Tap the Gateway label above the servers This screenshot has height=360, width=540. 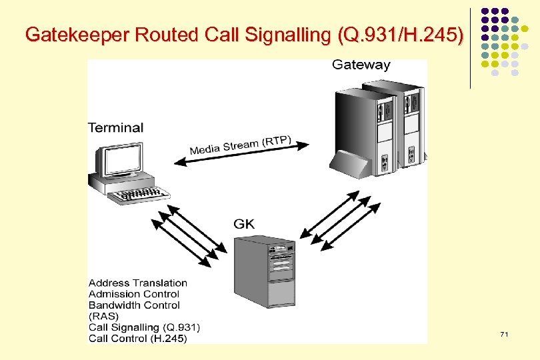(361, 65)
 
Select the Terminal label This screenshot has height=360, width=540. (115, 127)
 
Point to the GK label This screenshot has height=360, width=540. (244, 223)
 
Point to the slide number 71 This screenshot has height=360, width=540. (504, 333)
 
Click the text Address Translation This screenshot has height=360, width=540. (138, 283)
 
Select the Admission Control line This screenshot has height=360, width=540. (133, 294)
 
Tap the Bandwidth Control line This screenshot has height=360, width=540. (134, 305)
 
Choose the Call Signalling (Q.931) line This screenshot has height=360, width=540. (144, 327)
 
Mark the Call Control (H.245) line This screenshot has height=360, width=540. (138, 338)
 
